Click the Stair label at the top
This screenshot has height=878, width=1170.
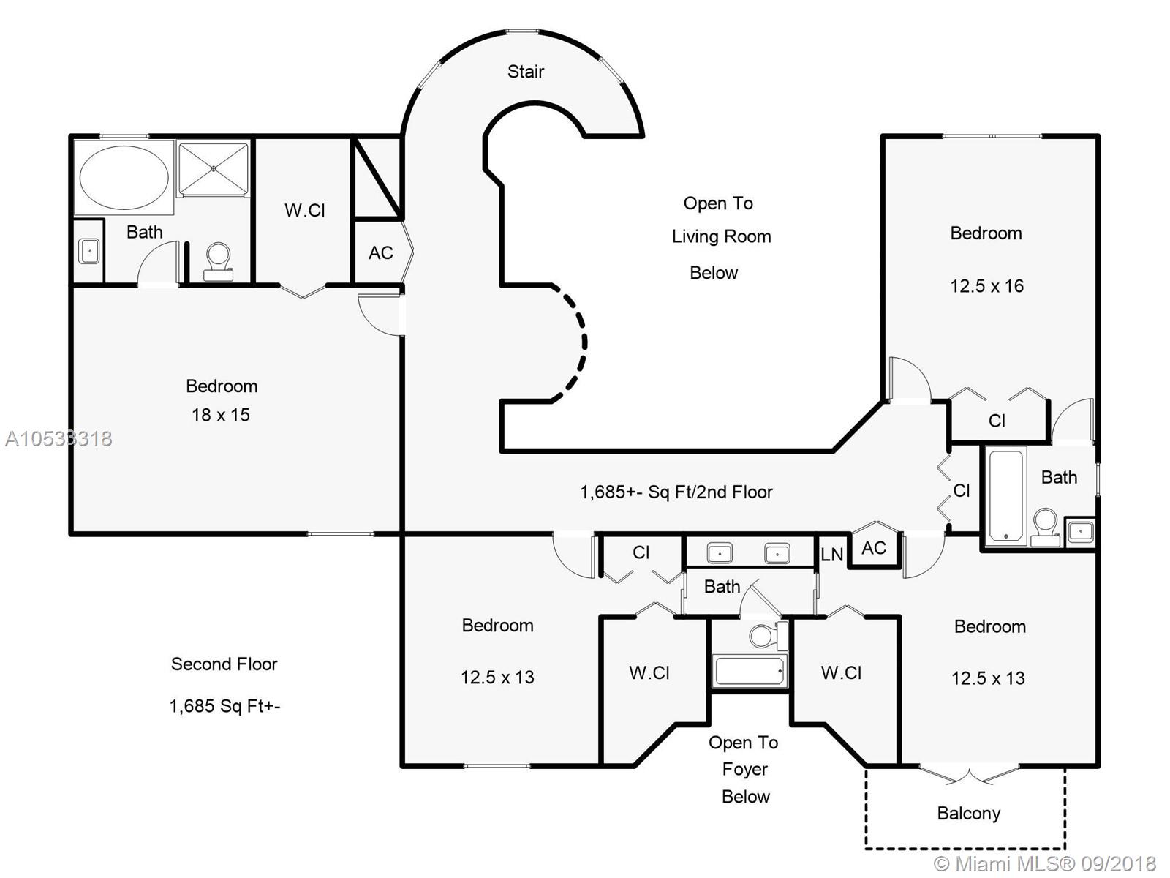coord(526,72)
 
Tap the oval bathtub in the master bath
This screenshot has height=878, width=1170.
coord(124,177)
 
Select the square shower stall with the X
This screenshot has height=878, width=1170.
coord(214,168)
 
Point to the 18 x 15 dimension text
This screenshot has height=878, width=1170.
coord(221,415)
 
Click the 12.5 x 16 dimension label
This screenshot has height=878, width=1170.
coord(987,286)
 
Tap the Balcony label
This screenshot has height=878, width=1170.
coord(968,813)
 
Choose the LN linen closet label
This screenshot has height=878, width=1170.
coord(832,555)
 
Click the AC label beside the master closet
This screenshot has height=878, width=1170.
coord(380,252)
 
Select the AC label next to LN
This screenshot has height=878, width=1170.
coord(874,547)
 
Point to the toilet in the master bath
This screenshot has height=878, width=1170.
coord(218,262)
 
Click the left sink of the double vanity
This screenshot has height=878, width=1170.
coord(720,554)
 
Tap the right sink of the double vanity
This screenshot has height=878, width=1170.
coord(777,554)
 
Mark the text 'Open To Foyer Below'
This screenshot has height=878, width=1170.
coord(744,769)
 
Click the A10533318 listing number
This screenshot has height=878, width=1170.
coord(58,439)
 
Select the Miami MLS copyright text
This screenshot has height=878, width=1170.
coord(1045,863)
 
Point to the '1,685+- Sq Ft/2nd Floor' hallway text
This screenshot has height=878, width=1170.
coord(676,492)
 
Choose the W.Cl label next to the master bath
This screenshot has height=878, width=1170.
coord(304,211)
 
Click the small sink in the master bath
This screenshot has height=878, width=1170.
coord(89,250)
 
